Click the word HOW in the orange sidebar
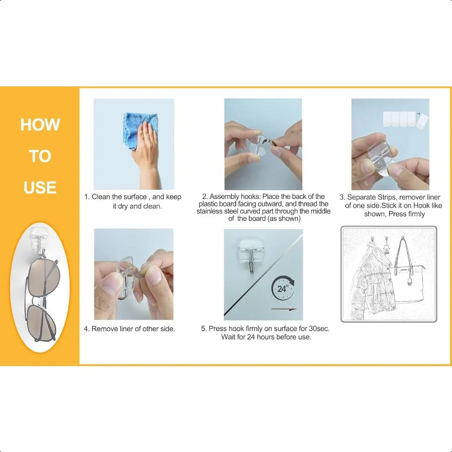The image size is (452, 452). tap(40, 125)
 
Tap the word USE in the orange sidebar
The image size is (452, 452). tap(40, 187)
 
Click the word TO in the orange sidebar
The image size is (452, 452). tap(40, 156)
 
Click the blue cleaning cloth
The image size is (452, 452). tap(140, 131)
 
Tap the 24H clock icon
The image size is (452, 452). tap(283, 288)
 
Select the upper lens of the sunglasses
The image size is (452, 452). tap(44, 276)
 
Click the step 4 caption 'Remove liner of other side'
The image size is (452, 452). tap(130, 329)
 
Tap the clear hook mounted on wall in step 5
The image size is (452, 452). tap(251, 254)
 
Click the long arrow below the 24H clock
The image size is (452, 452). tap(284, 309)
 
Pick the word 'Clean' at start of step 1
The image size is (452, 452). tap(101, 197)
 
